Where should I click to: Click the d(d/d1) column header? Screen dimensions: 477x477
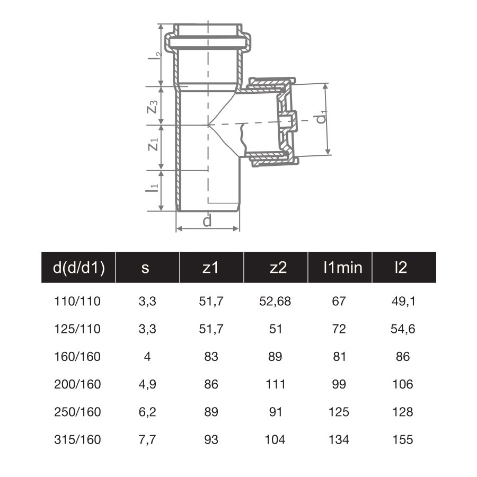pos(79,268)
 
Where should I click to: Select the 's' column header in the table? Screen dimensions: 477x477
pos(145,268)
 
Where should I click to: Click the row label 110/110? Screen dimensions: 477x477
pos(77,302)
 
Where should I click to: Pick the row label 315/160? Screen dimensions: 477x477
pos(77,439)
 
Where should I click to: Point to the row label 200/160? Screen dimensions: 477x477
pos(77,384)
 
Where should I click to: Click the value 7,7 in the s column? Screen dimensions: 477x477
pos(147,439)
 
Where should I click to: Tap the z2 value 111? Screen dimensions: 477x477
pos(276,384)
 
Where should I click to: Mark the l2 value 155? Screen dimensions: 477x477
pos(403,439)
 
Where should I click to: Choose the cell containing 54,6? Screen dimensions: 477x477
pos(403,329)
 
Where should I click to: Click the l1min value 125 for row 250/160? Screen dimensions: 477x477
pos(339,412)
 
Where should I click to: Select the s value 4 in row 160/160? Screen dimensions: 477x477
pos(147,357)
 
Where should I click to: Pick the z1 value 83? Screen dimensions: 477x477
pos(211,357)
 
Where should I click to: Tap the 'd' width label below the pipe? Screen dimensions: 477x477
pos(207,221)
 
